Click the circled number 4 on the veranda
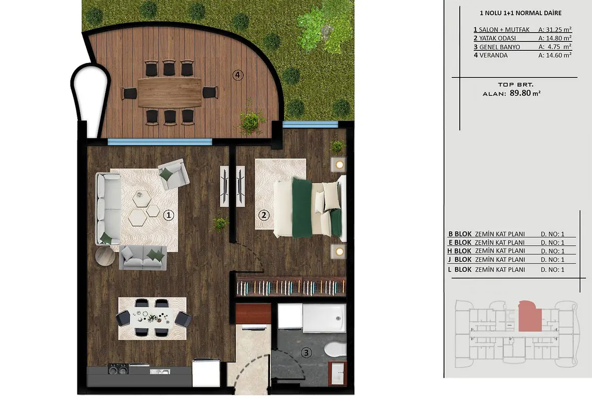(x=237, y=75)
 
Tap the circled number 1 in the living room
(x=168, y=216)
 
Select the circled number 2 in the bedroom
(x=264, y=216)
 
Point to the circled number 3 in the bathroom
(x=306, y=353)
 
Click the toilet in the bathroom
(x=335, y=349)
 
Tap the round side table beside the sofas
(x=105, y=257)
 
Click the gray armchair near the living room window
(x=174, y=174)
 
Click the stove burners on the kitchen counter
(x=118, y=369)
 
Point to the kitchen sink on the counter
(x=160, y=371)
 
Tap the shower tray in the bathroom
(x=324, y=318)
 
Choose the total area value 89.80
(x=520, y=93)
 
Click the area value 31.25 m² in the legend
(x=555, y=29)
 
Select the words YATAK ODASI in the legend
(x=497, y=38)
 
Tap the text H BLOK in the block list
(x=460, y=251)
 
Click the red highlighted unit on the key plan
(x=530, y=317)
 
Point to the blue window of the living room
(x=160, y=142)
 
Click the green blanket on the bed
(x=302, y=208)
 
